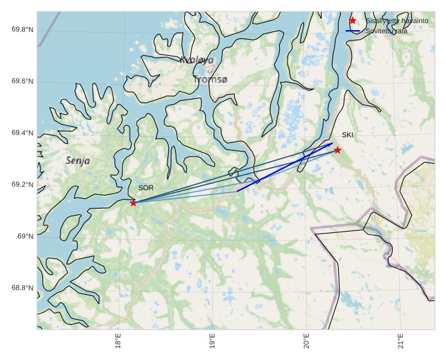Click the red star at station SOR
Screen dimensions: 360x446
tap(133, 203)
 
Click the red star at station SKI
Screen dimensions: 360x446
tap(338, 150)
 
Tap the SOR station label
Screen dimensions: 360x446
tap(146, 188)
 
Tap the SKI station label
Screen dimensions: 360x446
tap(347, 135)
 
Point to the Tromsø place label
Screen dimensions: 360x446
tap(210, 80)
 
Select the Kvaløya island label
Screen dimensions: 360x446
tap(196, 60)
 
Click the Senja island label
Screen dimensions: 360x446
tap(78, 160)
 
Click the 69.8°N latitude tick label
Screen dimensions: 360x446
tap(22, 30)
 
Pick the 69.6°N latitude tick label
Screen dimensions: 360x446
tap(22, 81)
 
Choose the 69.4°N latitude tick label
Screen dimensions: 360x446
tap(22, 133)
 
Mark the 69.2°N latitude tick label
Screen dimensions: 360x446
tap(22, 185)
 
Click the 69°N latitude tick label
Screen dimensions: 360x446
tap(25, 236)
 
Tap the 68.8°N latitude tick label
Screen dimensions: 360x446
tap(22, 288)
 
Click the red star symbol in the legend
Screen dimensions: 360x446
tap(352, 21)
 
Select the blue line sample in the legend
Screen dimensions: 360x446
tap(352, 31)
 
